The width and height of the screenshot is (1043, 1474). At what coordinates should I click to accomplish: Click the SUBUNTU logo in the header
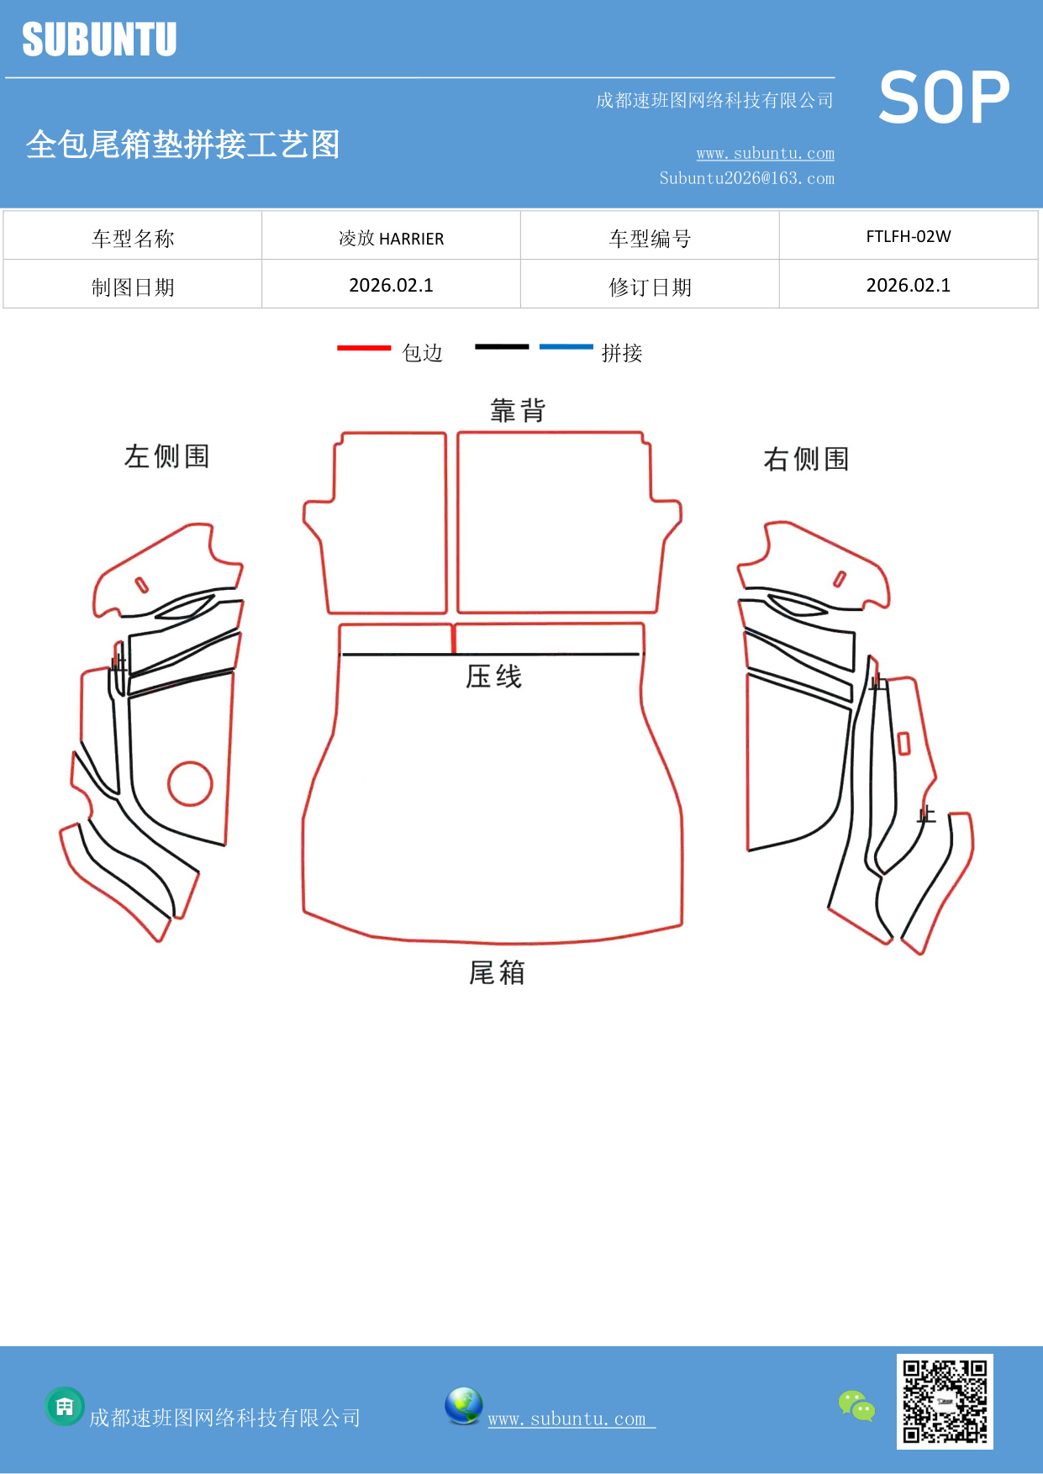(99, 39)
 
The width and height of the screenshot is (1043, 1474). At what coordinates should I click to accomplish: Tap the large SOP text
(944, 98)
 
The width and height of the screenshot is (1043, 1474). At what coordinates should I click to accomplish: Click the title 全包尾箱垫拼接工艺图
(182, 145)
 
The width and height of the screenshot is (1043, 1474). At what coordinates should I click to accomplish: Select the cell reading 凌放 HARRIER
(391, 239)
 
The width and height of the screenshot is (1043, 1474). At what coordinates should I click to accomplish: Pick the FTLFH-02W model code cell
(908, 237)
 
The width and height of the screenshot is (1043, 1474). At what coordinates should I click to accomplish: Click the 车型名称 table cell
(133, 239)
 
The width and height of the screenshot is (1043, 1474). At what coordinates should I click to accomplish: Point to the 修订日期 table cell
(650, 287)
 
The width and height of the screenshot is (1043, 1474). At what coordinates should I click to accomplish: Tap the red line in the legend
(364, 347)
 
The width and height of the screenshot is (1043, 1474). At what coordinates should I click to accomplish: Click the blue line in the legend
(566, 346)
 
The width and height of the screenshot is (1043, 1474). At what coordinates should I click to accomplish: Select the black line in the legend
(502, 346)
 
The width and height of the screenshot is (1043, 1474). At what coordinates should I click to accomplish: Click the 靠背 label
(518, 411)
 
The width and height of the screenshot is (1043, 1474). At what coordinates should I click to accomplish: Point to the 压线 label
(493, 676)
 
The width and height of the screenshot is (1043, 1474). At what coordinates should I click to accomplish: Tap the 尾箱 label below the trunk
(497, 973)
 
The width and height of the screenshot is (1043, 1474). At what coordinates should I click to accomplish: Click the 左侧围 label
(166, 456)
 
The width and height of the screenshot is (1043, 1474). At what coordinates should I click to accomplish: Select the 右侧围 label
(805, 460)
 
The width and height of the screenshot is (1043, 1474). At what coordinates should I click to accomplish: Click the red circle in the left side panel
(190, 783)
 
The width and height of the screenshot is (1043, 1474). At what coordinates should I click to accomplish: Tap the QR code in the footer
(945, 1401)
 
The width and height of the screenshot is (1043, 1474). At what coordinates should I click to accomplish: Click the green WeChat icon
(856, 1406)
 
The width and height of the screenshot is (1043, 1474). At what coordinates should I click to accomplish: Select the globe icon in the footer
(463, 1406)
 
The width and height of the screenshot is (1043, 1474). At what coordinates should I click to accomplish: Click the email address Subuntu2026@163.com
(746, 178)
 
